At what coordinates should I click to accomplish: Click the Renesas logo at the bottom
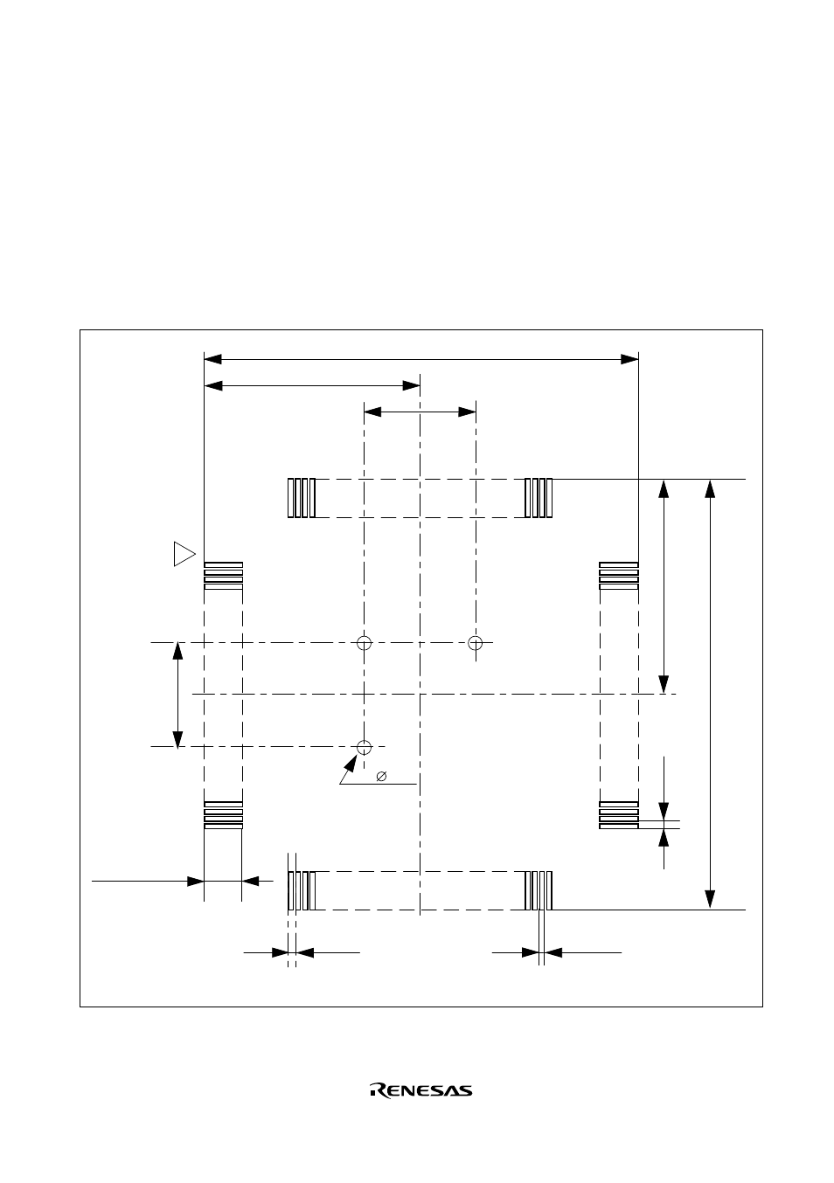(x=421, y=1090)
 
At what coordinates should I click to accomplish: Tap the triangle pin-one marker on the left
(x=183, y=554)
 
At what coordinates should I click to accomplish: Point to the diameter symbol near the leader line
(x=381, y=776)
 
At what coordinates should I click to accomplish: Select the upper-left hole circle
(x=365, y=643)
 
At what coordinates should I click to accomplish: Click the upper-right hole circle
(x=476, y=643)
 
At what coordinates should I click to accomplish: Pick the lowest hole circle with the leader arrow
(x=365, y=747)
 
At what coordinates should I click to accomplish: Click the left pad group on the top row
(x=302, y=498)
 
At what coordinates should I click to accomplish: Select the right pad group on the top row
(x=539, y=498)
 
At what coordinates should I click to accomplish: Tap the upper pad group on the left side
(x=223, y=575)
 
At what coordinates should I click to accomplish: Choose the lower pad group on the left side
(x=223, y=814)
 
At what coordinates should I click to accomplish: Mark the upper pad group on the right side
(x=619, y=575)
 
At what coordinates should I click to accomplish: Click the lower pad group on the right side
(x=619, y=814)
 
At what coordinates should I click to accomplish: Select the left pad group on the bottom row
(x=302, y=890)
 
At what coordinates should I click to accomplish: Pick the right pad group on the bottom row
(x=539, y=890)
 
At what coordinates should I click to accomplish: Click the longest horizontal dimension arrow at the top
(x=420, y=358)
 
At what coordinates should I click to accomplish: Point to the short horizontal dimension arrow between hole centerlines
(x=420, y=411)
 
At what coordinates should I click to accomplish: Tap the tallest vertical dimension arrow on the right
(x=711, y=694)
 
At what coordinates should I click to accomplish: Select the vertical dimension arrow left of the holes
(x=178, y=695)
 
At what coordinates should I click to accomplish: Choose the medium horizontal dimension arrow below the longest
(x=312, y=384)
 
